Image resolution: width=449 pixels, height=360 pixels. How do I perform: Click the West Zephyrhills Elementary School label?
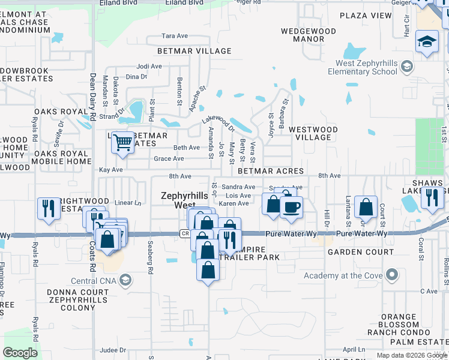pos(362,67)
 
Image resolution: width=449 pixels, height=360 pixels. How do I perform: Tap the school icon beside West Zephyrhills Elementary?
pos(408,66)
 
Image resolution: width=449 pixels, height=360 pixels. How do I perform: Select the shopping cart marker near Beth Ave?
pos(123,143)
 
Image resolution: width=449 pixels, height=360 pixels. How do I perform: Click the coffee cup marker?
pos(292,207)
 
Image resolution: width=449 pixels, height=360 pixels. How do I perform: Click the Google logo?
pos(20,353)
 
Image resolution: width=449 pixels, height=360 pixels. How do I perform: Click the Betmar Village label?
pos(194,51)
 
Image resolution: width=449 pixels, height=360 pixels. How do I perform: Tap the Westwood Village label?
pos(313,133)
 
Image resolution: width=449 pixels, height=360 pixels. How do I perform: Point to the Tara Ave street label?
pos(175,36)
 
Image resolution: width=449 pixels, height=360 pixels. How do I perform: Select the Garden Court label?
pos(360,252)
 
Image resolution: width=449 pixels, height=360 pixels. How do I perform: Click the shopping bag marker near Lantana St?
pos(366,207)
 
